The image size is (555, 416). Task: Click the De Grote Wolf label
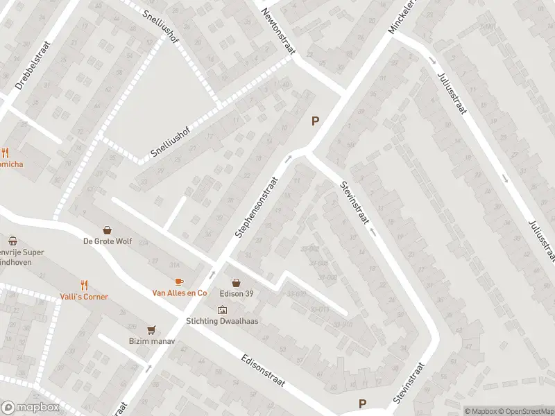(107, 242)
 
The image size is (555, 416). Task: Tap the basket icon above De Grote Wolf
(108, 229)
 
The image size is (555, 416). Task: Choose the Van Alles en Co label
(180, 293)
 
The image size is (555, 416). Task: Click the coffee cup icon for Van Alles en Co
(180, 281)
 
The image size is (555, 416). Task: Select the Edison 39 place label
(237, 293)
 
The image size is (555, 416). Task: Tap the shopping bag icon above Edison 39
(237, 282)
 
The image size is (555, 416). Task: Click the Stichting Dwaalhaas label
(221, 321)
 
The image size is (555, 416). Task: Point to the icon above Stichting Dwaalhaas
(222, 309)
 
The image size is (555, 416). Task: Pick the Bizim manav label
(151, 342)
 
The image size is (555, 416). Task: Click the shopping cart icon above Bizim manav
(151, 330)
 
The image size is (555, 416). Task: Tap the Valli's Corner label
(83, 297)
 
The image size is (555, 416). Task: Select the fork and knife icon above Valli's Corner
(84, 285)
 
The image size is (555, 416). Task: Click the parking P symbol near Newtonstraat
(316, 121)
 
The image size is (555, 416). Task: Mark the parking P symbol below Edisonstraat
(362, 404)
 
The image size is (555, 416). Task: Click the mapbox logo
(29, 408)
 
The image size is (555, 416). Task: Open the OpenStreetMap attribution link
(524, 410)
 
